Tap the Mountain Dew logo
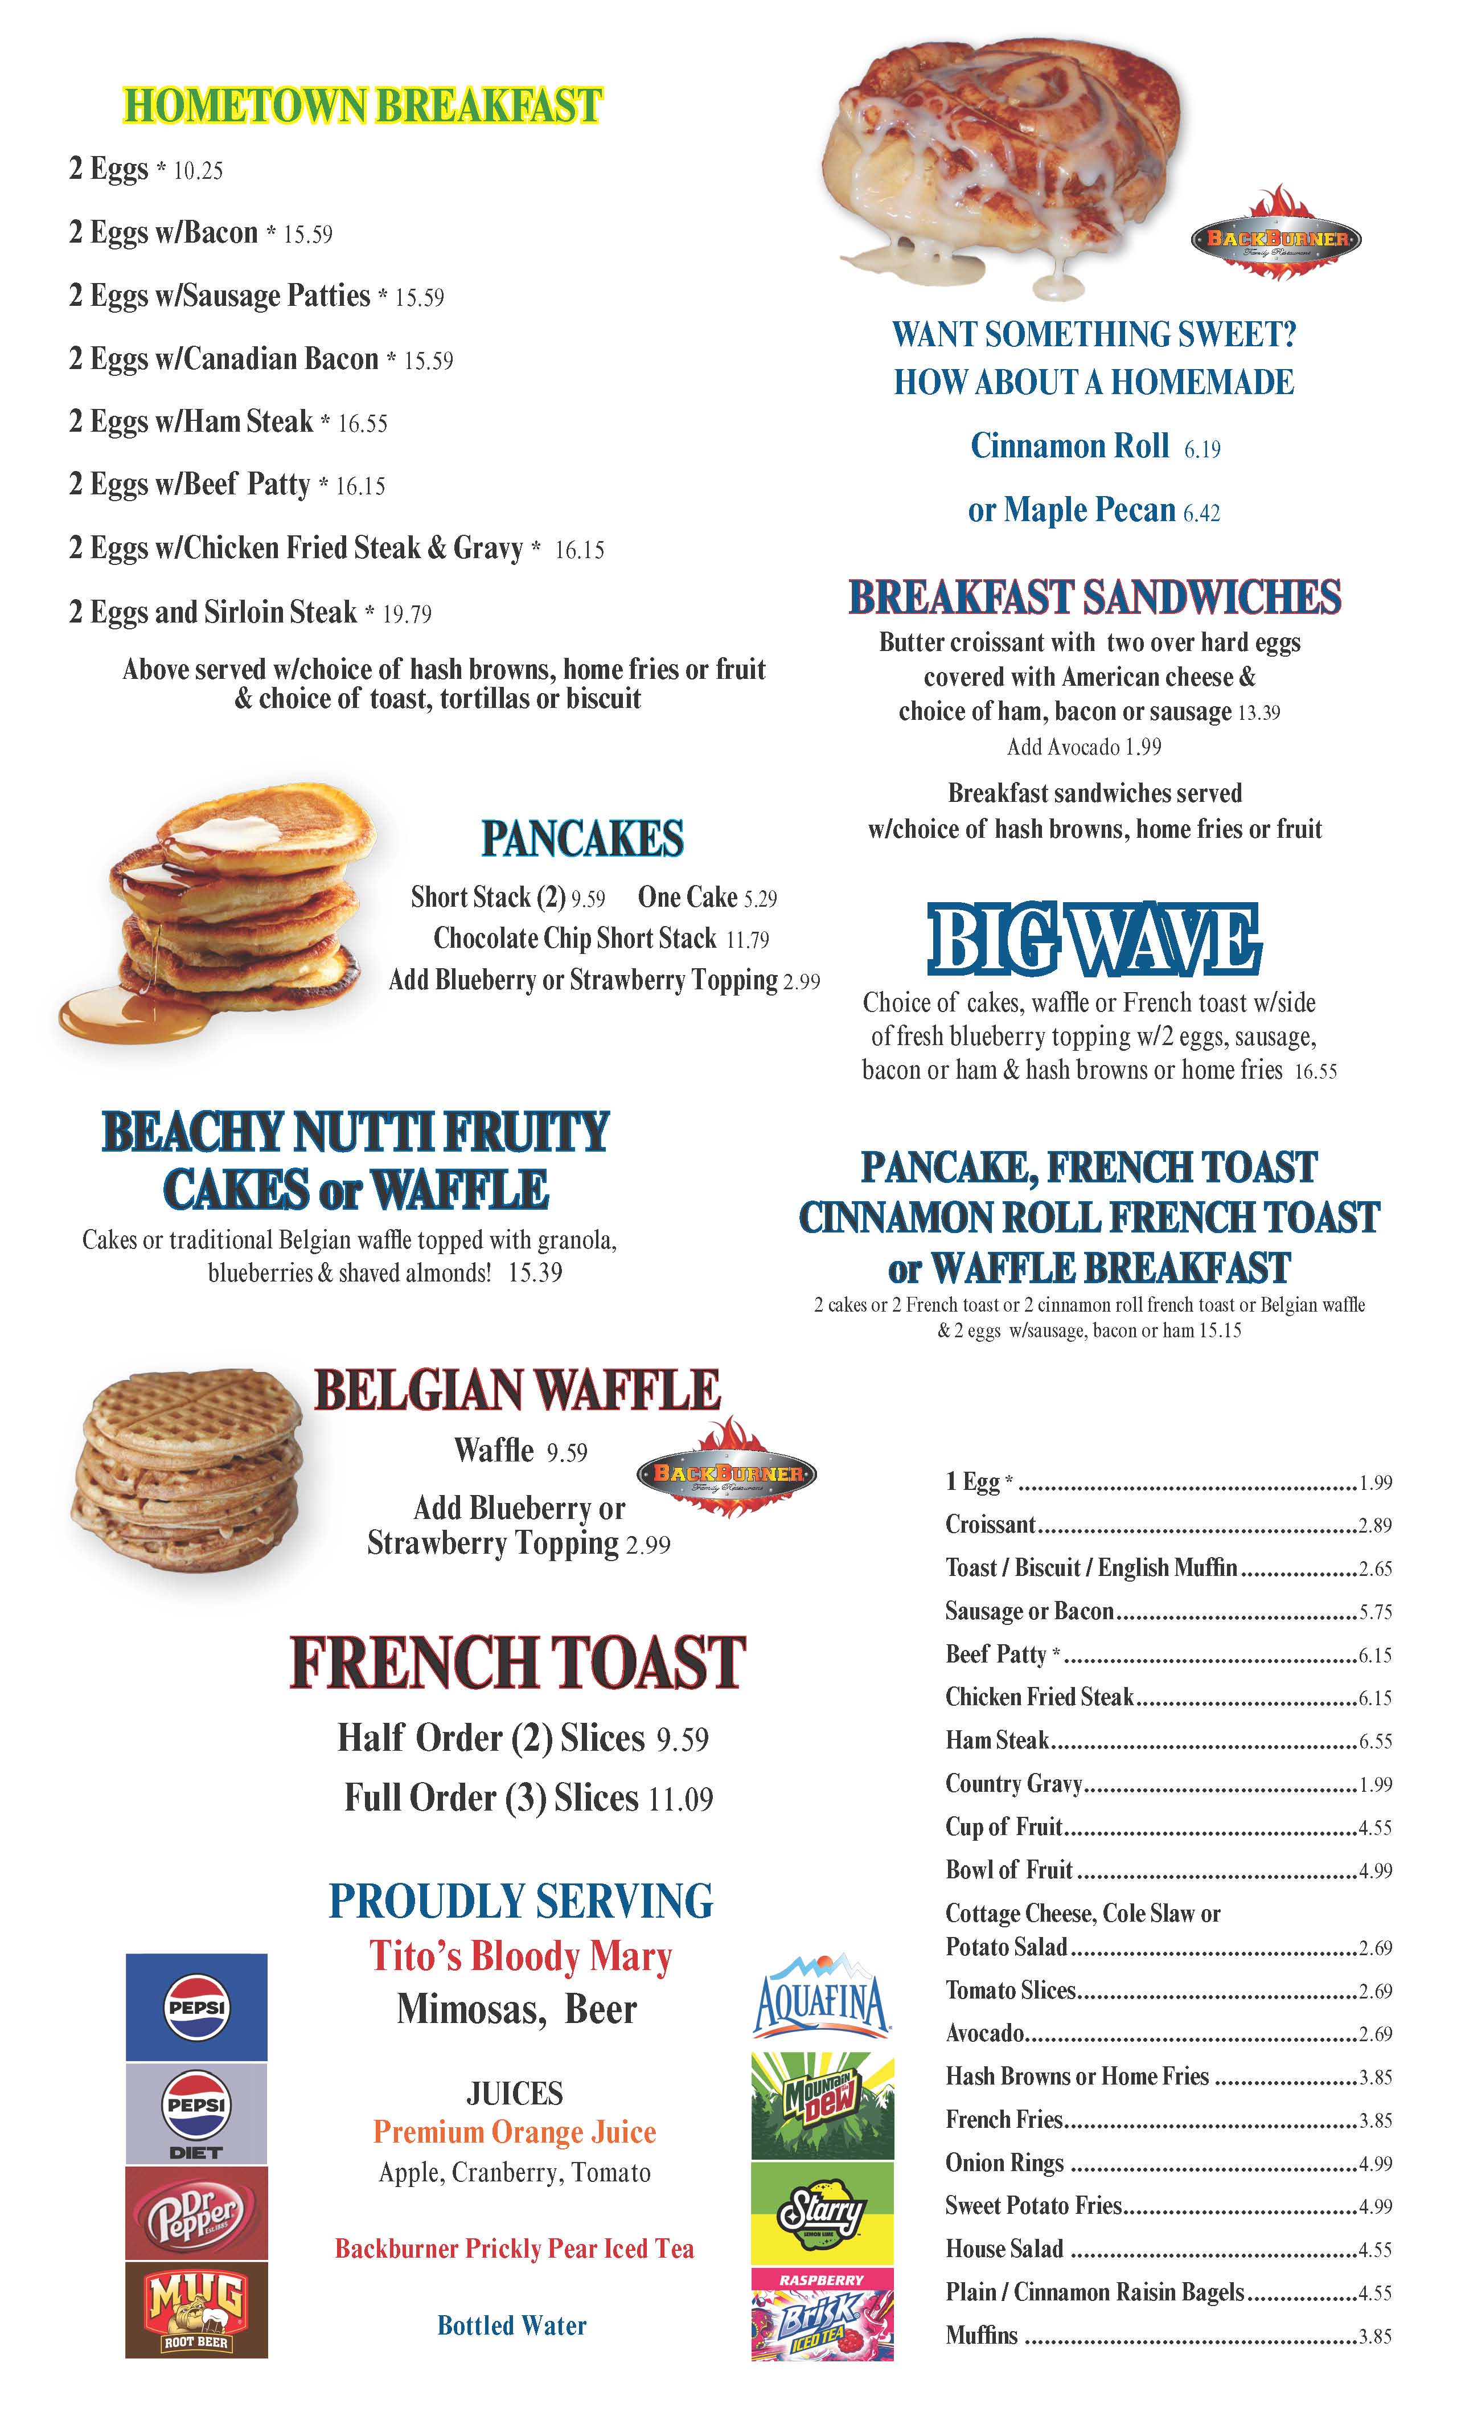(x=822, y=2105)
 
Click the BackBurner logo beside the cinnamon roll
(x=1275, y=237)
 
